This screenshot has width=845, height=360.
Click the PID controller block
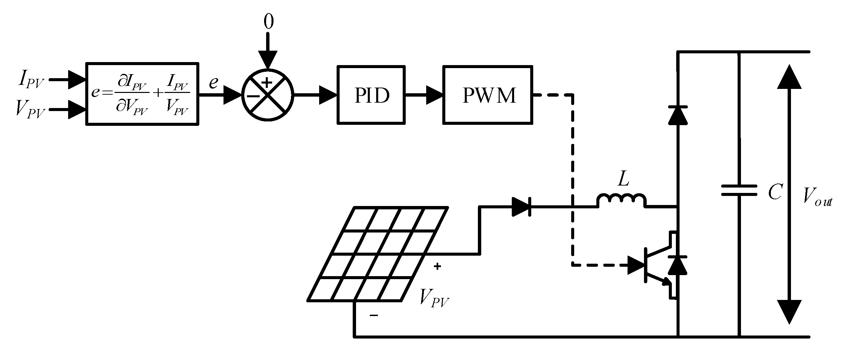click(371, 95)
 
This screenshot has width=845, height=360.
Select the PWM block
click(488, 95)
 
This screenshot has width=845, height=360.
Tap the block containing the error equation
click(142, 94)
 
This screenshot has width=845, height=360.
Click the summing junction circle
click(267, 95)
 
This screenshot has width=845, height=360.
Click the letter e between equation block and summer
click(213, 83)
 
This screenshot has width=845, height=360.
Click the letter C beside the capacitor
click(775, 192)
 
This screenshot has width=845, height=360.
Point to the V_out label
click(817, 196)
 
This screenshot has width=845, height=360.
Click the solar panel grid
click(378, 254)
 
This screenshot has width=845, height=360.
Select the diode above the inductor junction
click(678, 115)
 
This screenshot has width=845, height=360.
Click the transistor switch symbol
click(658, 265)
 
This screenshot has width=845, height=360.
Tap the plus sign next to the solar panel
click(437, 267)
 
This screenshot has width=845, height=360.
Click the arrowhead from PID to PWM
click(434, 95)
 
